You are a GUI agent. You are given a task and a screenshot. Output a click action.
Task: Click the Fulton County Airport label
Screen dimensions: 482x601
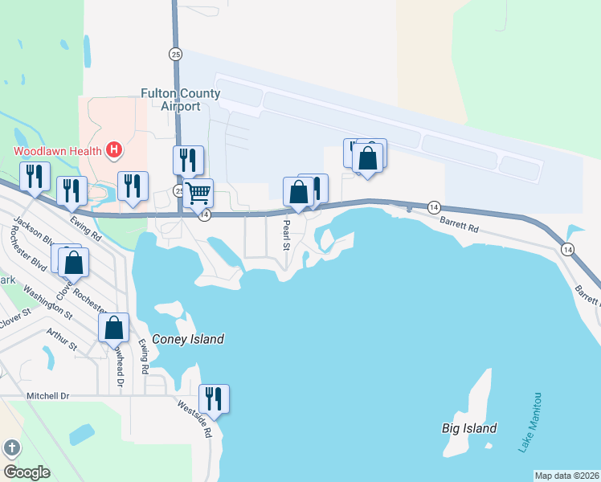[x=180, y=100]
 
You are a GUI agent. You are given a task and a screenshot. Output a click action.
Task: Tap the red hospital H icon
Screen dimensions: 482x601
[x=115, y=149]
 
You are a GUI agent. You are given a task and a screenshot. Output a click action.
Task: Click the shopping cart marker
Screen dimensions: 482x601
[x=198, y=192]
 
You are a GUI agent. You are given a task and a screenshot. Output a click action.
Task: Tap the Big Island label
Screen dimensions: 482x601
[x=469, y=428]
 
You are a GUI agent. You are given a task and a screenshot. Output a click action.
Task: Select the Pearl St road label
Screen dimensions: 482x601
[x=285, y=237]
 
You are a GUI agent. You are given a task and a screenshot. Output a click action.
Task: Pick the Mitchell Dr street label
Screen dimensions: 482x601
[x=48, y=396]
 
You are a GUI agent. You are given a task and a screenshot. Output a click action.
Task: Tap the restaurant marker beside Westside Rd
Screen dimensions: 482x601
[x=214, y=398]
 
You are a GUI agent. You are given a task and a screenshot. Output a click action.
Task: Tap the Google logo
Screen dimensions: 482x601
[x=27, y=472]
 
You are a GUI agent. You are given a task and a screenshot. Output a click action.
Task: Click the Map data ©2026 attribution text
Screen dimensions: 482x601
[x=566, y=476]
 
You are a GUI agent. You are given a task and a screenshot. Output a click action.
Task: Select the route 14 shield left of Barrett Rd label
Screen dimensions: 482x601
[x=433, y=206]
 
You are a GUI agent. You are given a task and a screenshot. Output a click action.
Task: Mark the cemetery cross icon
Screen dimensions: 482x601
[x=11, y=447]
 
